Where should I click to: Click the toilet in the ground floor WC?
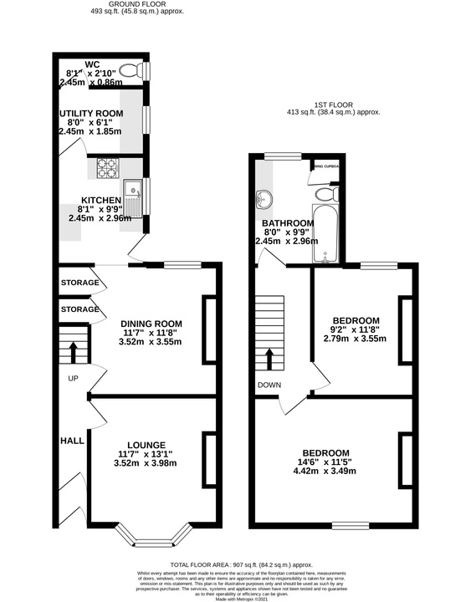click(x=131, y=70)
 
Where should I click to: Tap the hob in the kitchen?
click(x=108, y=169)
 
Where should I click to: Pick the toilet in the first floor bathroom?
click(x=324, y=193)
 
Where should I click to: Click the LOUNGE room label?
click(x=146, y=445)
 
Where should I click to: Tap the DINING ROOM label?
click(x=151, y=324)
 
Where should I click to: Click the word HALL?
click(x=70, y=440)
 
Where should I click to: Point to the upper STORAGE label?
click(x=79, y=283)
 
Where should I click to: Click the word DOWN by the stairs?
click(x=269, y=385)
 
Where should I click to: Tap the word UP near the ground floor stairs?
click(x=72, y=378)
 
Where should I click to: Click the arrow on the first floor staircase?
click(x=269, y=359)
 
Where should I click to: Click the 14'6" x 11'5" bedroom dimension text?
click(x=326, y=464)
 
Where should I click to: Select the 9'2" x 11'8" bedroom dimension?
click(x=356, y=332)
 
